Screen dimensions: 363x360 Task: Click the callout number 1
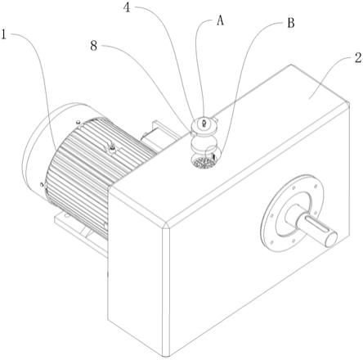[4, 35]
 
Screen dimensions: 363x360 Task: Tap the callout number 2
[358, 58]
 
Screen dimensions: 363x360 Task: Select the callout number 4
[127, 8]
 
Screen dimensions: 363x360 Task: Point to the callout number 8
[93, 46]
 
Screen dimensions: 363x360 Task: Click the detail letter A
[220, 20]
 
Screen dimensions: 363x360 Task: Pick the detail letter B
[291, 23]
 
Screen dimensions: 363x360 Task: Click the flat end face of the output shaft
[330, 239]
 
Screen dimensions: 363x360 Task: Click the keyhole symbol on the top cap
[204, 124]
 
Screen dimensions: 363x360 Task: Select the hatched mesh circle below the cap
[203, 162]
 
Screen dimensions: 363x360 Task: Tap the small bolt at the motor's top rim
[78, 122]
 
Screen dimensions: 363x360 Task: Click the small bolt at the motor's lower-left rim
[42, 185]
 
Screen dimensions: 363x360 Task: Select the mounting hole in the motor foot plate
[66, 216]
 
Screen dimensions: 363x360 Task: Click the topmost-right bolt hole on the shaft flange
[316, 187]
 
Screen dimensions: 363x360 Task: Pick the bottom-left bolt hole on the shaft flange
[271, 241]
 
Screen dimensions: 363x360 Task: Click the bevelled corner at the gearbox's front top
[166, 226]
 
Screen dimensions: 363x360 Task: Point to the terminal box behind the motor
[158, 133]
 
